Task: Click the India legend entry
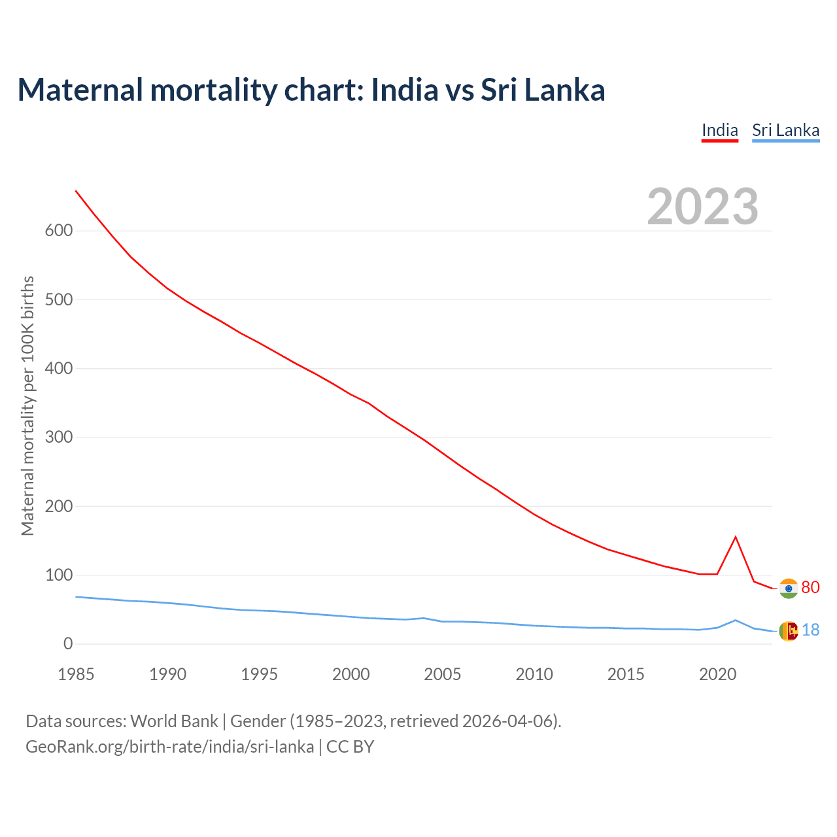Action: [719, 130]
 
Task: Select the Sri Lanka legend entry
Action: [785, 130]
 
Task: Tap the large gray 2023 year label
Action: [702, 207]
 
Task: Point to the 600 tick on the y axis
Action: [59, 231]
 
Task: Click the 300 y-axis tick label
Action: [59, 437]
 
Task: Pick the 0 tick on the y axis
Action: [68, 644]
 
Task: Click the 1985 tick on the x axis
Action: [76, 674]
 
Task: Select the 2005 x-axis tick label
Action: [443, 674]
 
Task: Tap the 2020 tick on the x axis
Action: [717, 674]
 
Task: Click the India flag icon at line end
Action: [789, 589]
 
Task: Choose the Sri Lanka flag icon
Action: [789, 631]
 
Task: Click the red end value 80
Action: [810, 587]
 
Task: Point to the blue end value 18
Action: [810, 630]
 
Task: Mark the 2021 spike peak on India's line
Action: [736, 537]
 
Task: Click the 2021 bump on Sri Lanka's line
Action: [736, 620]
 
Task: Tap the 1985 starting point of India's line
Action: [77, 191]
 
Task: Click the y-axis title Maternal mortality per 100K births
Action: [27, 405]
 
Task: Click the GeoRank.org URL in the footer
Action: [169, 747]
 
